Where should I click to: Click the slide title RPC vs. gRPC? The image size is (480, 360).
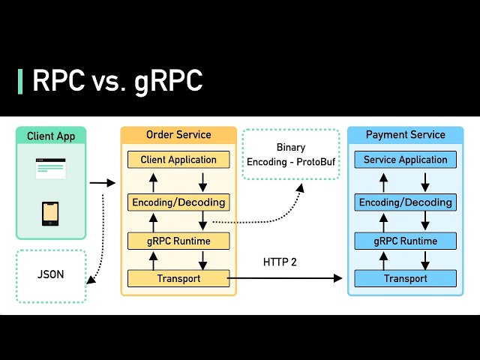117,81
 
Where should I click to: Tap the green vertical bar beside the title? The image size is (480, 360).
20,81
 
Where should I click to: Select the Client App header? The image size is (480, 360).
51,136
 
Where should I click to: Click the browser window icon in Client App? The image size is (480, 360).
51,169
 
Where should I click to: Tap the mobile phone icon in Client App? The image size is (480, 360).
50,213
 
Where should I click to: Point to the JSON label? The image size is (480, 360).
51,274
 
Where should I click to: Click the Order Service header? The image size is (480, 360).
178,135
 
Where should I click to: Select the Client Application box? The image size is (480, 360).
178,160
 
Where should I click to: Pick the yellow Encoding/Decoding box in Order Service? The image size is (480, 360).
178,202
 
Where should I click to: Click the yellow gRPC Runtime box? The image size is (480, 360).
178,241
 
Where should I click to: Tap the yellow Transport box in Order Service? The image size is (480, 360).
178,279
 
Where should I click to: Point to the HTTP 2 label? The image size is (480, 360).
280,262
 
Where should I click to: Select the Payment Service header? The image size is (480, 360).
405,135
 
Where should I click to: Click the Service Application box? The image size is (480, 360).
405,160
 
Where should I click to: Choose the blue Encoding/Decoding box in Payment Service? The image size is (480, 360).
405,202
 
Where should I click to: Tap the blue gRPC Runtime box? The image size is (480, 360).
405,241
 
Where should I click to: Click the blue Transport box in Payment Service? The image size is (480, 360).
405,279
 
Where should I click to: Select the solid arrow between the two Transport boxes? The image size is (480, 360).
285,278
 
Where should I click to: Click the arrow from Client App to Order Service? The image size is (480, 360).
102,182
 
